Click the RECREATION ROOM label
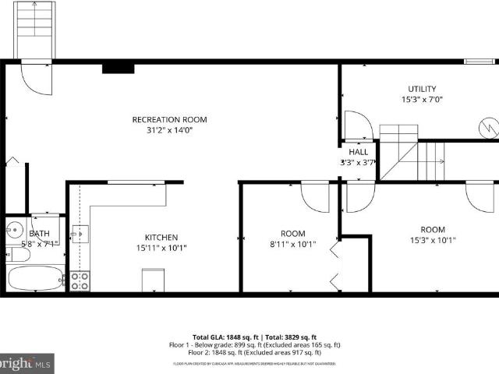(x=169, y=119)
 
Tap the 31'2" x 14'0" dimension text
(x=169, y=130)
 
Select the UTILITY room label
(x=422, y=89)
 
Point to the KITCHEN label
(x=161, y=238)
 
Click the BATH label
(x=39, y=234)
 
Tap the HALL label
(x=359, y=152)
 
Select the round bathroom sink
(x=14, y=230)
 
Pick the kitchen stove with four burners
(x=80, y=281)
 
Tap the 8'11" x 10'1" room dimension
(x=292, y=244)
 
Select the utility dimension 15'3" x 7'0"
(x=422, y=100)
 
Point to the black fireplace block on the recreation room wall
(x=118, y=68)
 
